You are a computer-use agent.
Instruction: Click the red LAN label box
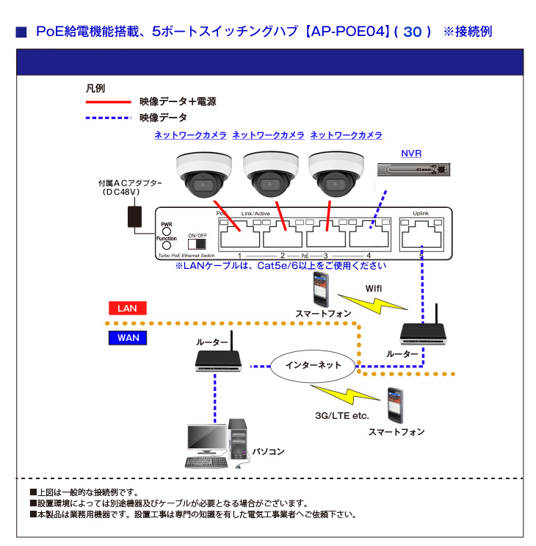127,309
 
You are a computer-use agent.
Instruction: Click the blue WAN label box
127,338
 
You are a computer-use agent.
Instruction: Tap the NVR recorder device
413,170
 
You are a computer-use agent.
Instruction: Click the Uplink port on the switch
421,236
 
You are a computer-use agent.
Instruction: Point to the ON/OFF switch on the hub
197,243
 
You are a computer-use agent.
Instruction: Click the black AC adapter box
135,217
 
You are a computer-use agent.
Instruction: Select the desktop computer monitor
206,439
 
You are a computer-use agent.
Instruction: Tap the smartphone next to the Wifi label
320,289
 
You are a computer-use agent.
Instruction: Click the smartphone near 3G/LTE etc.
396,405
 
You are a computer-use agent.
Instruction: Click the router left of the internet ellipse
219,360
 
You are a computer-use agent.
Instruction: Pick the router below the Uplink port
424,332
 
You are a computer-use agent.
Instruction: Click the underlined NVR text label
411,154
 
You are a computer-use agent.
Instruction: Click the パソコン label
268,451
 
